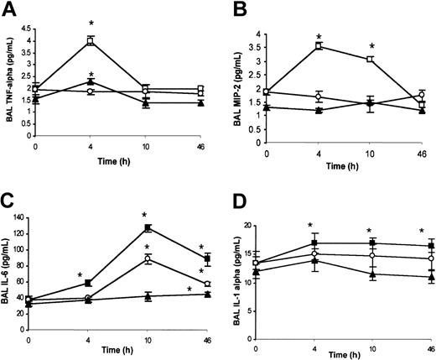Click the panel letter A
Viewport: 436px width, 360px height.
11,11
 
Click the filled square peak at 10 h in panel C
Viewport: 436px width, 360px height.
148,227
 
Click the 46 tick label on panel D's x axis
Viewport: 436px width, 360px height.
430,347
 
